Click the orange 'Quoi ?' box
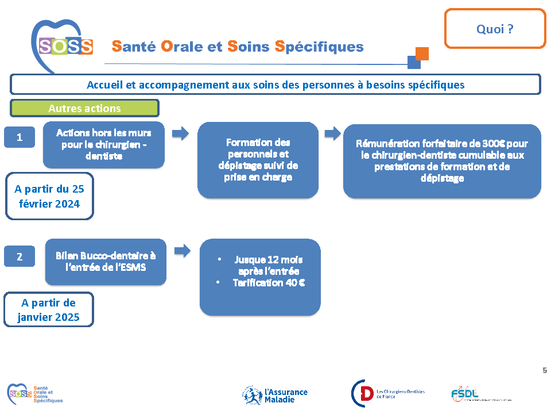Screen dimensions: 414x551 point(494,29)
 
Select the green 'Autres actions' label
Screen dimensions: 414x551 point(84,108)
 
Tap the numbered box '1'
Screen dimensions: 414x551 point(20,137)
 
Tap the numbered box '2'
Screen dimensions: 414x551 point(20,256)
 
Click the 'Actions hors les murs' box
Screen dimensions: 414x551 point(104,144)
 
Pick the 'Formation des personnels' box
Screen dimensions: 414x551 point(258,160)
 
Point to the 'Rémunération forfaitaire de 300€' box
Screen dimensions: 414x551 point(442,161)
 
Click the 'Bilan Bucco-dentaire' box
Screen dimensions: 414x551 point(106,262)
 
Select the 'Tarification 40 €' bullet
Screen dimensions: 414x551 point(269,283)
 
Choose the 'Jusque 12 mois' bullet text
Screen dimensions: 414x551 point(268,265)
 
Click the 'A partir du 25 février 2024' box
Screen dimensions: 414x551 point(49,196)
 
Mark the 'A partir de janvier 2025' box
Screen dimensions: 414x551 point(49,310)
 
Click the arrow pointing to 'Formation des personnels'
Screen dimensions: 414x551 point(181,133)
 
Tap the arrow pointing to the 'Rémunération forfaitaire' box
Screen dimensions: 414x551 point(332,133)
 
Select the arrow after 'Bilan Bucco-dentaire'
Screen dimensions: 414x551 point(183,251)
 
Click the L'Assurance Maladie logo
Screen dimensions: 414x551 point(275,395)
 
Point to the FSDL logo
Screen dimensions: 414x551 point(465,394)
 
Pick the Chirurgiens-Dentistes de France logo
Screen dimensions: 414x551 point(387,394)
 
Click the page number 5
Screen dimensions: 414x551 point(544,371)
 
